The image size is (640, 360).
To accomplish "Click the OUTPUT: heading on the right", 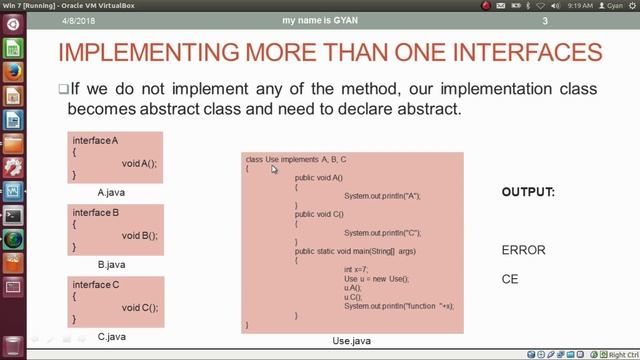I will tap(528, 191).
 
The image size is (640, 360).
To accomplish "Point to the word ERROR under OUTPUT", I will tap(523, 250).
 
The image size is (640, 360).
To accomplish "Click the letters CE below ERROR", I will tap(510, 280).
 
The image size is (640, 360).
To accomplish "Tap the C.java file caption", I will tap(112, 337).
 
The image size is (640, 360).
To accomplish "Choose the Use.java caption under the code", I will tap(351, 341).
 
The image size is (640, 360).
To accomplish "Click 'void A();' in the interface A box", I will tap(140, 163).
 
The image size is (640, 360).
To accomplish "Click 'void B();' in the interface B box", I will tap(140, 235).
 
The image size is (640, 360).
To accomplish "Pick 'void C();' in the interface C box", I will tap(140, 308).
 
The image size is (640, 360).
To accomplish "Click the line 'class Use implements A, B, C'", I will tap(296, 160).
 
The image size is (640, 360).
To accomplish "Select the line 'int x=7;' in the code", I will tap(356, 270).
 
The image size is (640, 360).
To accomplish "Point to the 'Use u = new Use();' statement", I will tap(376, 279).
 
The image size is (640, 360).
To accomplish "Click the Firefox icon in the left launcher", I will tap(13, 72).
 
